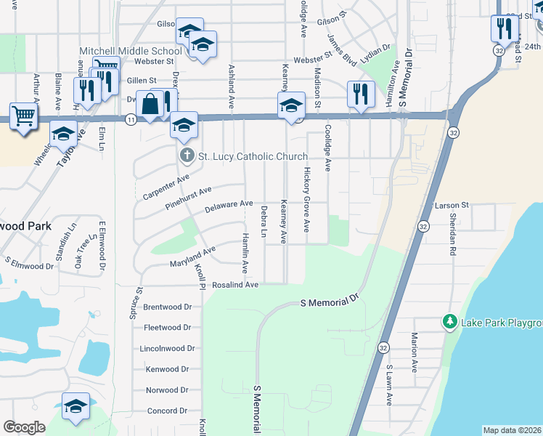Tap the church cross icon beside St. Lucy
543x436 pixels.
tap(186, 156)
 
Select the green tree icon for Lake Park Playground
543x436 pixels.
tap(449, 322)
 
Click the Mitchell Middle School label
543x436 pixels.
tap(131, 51)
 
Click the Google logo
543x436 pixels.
tap(24, 427)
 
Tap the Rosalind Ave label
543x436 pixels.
tap(235, 286)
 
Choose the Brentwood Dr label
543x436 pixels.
tap(168, 307)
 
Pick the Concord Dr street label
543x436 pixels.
tap(168, 411)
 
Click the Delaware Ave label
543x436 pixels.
tap(229, 207)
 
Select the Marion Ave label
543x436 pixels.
tap(414, 352)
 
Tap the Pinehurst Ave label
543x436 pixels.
tap(188, 195)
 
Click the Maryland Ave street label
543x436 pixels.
tap(193, 257)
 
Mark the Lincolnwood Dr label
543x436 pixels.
tap(168, 349)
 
